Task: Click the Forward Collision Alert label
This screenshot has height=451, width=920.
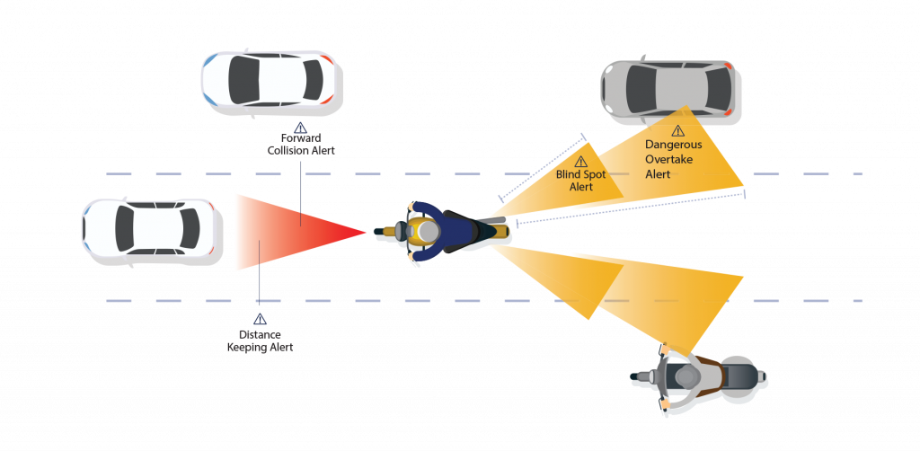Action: click(x=300, y=145)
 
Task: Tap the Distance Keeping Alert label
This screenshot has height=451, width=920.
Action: click(x=260, y=340)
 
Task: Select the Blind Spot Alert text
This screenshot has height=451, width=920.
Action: click(x=580, y=181)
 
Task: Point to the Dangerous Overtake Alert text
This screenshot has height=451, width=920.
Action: click(x=673, y=159)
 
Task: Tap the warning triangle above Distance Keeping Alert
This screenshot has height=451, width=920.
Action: click(x=260, y=319)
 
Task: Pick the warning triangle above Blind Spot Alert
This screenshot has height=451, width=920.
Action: click(x=580, y=162)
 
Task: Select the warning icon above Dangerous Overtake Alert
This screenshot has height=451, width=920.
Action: click(x=677, y=131)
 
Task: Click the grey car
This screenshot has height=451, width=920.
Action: click(x=670, y=90)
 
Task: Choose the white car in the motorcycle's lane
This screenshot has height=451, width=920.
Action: click(x=152, y=231)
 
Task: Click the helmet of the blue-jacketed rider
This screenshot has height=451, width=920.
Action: click(x=428, y=232)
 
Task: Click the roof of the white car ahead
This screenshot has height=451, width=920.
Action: click(x=158, y=230)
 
